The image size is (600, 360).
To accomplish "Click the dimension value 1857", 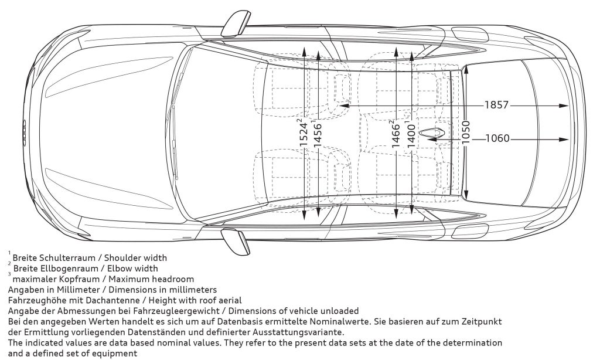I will pyautogui.click(x=496, y=106).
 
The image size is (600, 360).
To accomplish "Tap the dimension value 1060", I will pyautogui.click(x=497, y=139).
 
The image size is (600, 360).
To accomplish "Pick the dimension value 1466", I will pyautogui.click(x=396, y=134).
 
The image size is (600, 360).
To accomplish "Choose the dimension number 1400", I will pyautogui.click(x=411, y=134).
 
